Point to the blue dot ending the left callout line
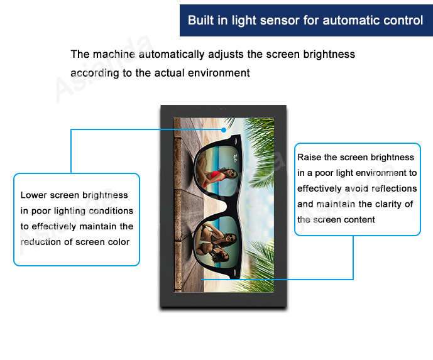click(224, 130)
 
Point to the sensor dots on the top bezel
click(223, 109)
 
